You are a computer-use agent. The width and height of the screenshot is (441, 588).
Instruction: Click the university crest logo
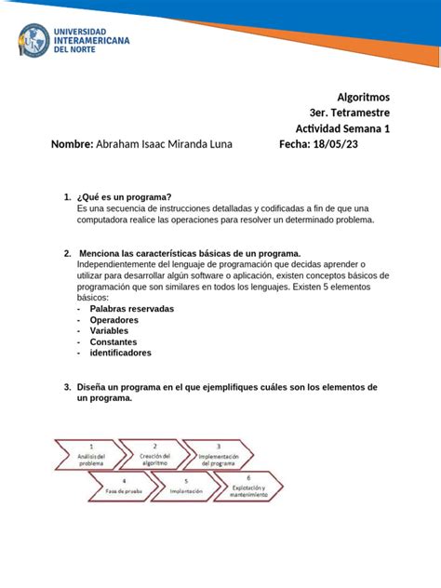(34, 41)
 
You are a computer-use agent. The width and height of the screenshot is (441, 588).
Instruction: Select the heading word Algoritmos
(362, 97)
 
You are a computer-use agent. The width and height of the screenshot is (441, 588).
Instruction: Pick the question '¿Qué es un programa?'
(126, 197)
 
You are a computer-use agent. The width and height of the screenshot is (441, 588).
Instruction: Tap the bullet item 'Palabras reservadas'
(131, 308)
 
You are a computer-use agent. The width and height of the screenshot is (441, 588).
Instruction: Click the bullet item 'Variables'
(109, 330)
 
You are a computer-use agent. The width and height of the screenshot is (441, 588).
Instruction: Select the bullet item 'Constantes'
(115, 341)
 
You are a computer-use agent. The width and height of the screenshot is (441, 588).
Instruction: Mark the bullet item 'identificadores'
(120, 353)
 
